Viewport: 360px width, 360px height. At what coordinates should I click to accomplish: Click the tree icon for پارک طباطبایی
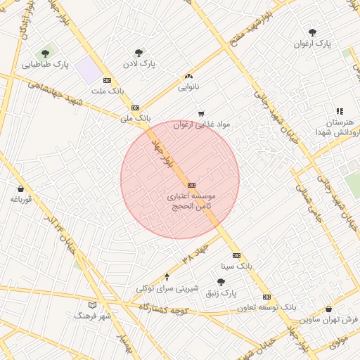[46, 53]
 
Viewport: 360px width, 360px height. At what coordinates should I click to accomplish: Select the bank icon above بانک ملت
[107, 80]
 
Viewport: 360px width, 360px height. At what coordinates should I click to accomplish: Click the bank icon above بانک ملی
[135, 108]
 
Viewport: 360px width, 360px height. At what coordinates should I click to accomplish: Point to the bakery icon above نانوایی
[188, 76]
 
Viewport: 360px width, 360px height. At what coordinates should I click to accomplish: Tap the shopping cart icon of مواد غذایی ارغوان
[201, 113]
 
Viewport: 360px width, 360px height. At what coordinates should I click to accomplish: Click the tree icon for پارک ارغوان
[312, 32]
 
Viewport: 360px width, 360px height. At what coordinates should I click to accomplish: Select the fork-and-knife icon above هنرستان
[340, 111]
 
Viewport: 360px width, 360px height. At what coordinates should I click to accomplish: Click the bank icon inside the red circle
[192, 185]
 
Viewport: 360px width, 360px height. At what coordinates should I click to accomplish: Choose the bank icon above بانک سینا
[236, 255]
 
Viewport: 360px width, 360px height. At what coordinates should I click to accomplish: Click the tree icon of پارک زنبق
[221, 282]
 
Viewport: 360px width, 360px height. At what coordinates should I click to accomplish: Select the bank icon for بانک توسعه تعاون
[266, 297]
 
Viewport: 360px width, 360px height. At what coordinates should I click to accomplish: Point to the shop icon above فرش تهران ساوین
[328, 309]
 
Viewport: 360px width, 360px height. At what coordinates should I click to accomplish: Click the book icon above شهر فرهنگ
[92, 305]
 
